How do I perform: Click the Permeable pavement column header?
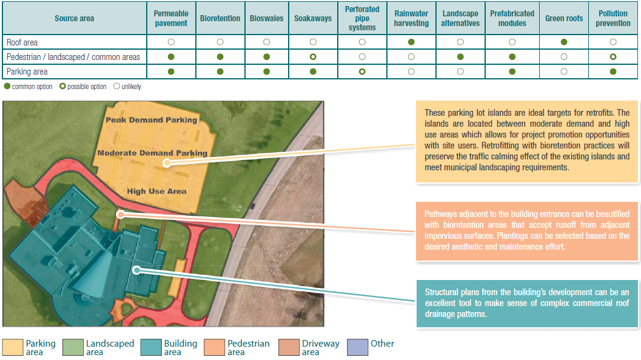[171, 18]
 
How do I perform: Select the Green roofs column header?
[564, 18]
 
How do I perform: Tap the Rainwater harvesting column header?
[411, 18]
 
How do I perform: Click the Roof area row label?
[22, 42]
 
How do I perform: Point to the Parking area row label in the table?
[27, 72]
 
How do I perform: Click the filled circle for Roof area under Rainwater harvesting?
[411, 42]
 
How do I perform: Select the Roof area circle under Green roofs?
[564, 42]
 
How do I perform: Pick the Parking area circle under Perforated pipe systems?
[362, 72]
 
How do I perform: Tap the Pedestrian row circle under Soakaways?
[313, 57]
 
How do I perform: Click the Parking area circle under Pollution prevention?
[613, 72]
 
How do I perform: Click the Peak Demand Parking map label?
[152, 120]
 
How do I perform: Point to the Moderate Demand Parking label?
[152, 153]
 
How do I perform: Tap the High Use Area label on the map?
[156, 192]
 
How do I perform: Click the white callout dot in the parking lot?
[166, 163]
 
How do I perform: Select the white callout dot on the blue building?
[137, 271]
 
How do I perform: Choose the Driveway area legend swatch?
[288, 347]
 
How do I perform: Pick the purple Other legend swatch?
[357, 347]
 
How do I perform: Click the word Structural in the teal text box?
[441, 293]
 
